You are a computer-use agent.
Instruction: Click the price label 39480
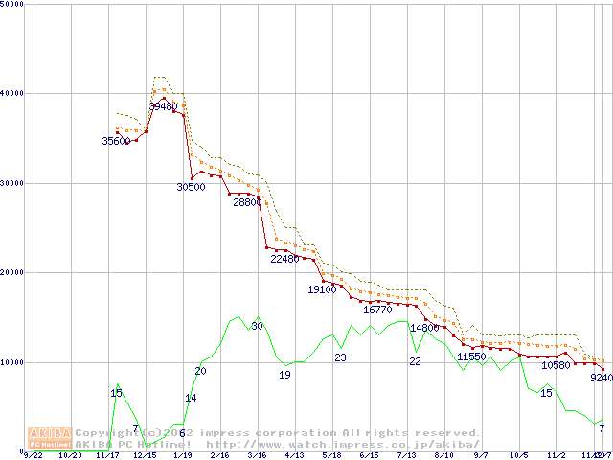coord(164,106)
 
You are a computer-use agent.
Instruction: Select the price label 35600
coord(116,142)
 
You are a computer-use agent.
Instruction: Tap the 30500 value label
coord(191,188)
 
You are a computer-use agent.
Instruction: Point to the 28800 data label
coord(246,203)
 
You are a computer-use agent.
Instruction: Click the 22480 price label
coord(285,259)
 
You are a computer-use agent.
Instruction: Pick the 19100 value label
coord(322,289)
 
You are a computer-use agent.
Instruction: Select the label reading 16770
coord(377,310)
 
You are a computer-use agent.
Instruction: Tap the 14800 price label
coord(424,328)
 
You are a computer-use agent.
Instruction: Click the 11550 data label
coord(471,356)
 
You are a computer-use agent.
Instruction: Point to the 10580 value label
coord(556,365)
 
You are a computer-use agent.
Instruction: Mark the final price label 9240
coord(601,378)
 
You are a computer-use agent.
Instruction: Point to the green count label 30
coord(257,327)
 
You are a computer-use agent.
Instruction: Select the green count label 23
coord(340,357)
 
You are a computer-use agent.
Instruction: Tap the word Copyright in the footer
coord(110,433)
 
